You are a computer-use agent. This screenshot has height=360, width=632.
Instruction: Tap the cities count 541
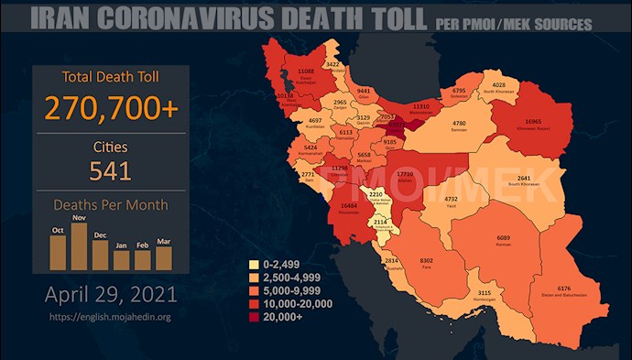[x=110, y=170]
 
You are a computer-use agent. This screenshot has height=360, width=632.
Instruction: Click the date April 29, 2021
[x=110, y=297]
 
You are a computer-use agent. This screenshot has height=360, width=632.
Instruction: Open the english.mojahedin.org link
[x=110, y=319]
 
